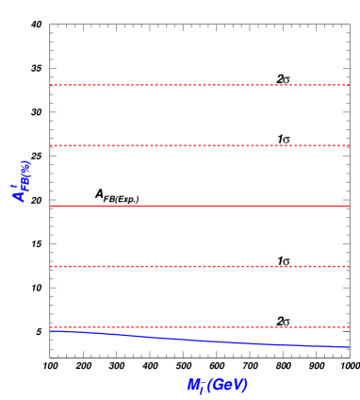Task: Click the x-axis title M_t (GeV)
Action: click(218, 385)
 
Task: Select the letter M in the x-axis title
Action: click(193, 384)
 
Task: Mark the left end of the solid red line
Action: click(51, 206)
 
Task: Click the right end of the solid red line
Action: click(349, 206)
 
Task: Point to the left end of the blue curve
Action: click(51, 330)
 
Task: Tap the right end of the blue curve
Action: click(349, 347)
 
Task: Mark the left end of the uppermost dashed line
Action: click(51, 85)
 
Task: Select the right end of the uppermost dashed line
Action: click(349, 85)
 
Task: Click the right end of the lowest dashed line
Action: click(349, 326)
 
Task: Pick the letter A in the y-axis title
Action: click(20, 193)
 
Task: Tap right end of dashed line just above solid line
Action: click(349, 145)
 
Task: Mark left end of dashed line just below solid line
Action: click(51, 266)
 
